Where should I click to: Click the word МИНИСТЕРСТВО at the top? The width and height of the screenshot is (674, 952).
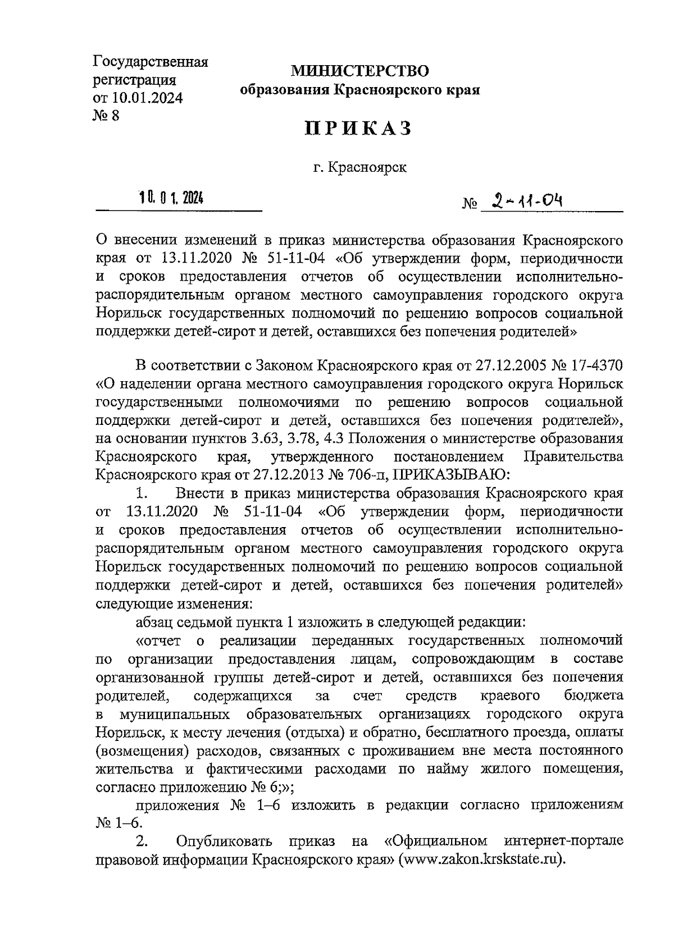pos(359,71)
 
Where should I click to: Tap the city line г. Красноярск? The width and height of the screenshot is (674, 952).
pos(360,167)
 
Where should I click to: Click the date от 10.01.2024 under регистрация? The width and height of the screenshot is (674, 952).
pos(138,98)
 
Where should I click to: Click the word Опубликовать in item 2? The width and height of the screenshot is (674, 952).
pos(224,841)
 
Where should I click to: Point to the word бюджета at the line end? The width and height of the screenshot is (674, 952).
pos(593,695)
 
